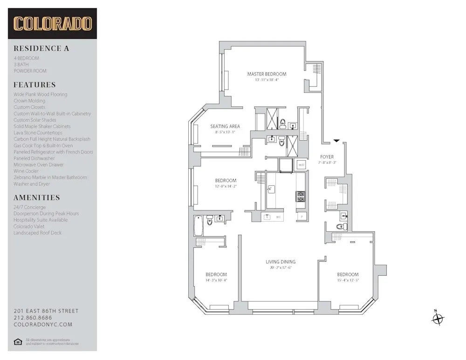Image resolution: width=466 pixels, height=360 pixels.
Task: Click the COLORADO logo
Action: point(52,24)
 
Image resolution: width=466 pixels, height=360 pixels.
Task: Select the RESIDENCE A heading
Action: point(41,48)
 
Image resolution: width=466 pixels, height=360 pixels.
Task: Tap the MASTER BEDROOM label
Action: point(267,74)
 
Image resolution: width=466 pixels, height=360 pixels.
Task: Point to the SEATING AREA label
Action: point(225,126)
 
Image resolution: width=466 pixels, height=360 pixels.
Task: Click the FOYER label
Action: point(327,157)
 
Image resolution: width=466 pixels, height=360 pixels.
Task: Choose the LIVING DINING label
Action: point(281,262)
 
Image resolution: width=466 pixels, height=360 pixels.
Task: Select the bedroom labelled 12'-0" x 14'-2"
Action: point(226,181)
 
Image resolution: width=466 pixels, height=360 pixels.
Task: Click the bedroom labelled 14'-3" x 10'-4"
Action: point(216,274)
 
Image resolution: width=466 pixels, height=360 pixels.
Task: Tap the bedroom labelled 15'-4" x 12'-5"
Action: point(348,274)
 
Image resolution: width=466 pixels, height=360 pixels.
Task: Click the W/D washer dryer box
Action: point(302,165)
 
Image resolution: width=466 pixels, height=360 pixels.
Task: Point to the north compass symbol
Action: point(438,319)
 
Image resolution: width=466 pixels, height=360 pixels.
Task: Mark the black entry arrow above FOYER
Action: point(336,140)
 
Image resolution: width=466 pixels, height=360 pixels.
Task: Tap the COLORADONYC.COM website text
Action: point(43,325)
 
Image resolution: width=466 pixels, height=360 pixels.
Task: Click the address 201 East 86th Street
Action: point(46,311)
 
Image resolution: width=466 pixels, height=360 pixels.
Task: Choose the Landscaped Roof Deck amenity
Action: point(37,233)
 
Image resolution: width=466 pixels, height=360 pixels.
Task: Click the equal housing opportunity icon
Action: point(18,342)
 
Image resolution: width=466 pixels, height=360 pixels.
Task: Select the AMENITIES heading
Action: point(37,197)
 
